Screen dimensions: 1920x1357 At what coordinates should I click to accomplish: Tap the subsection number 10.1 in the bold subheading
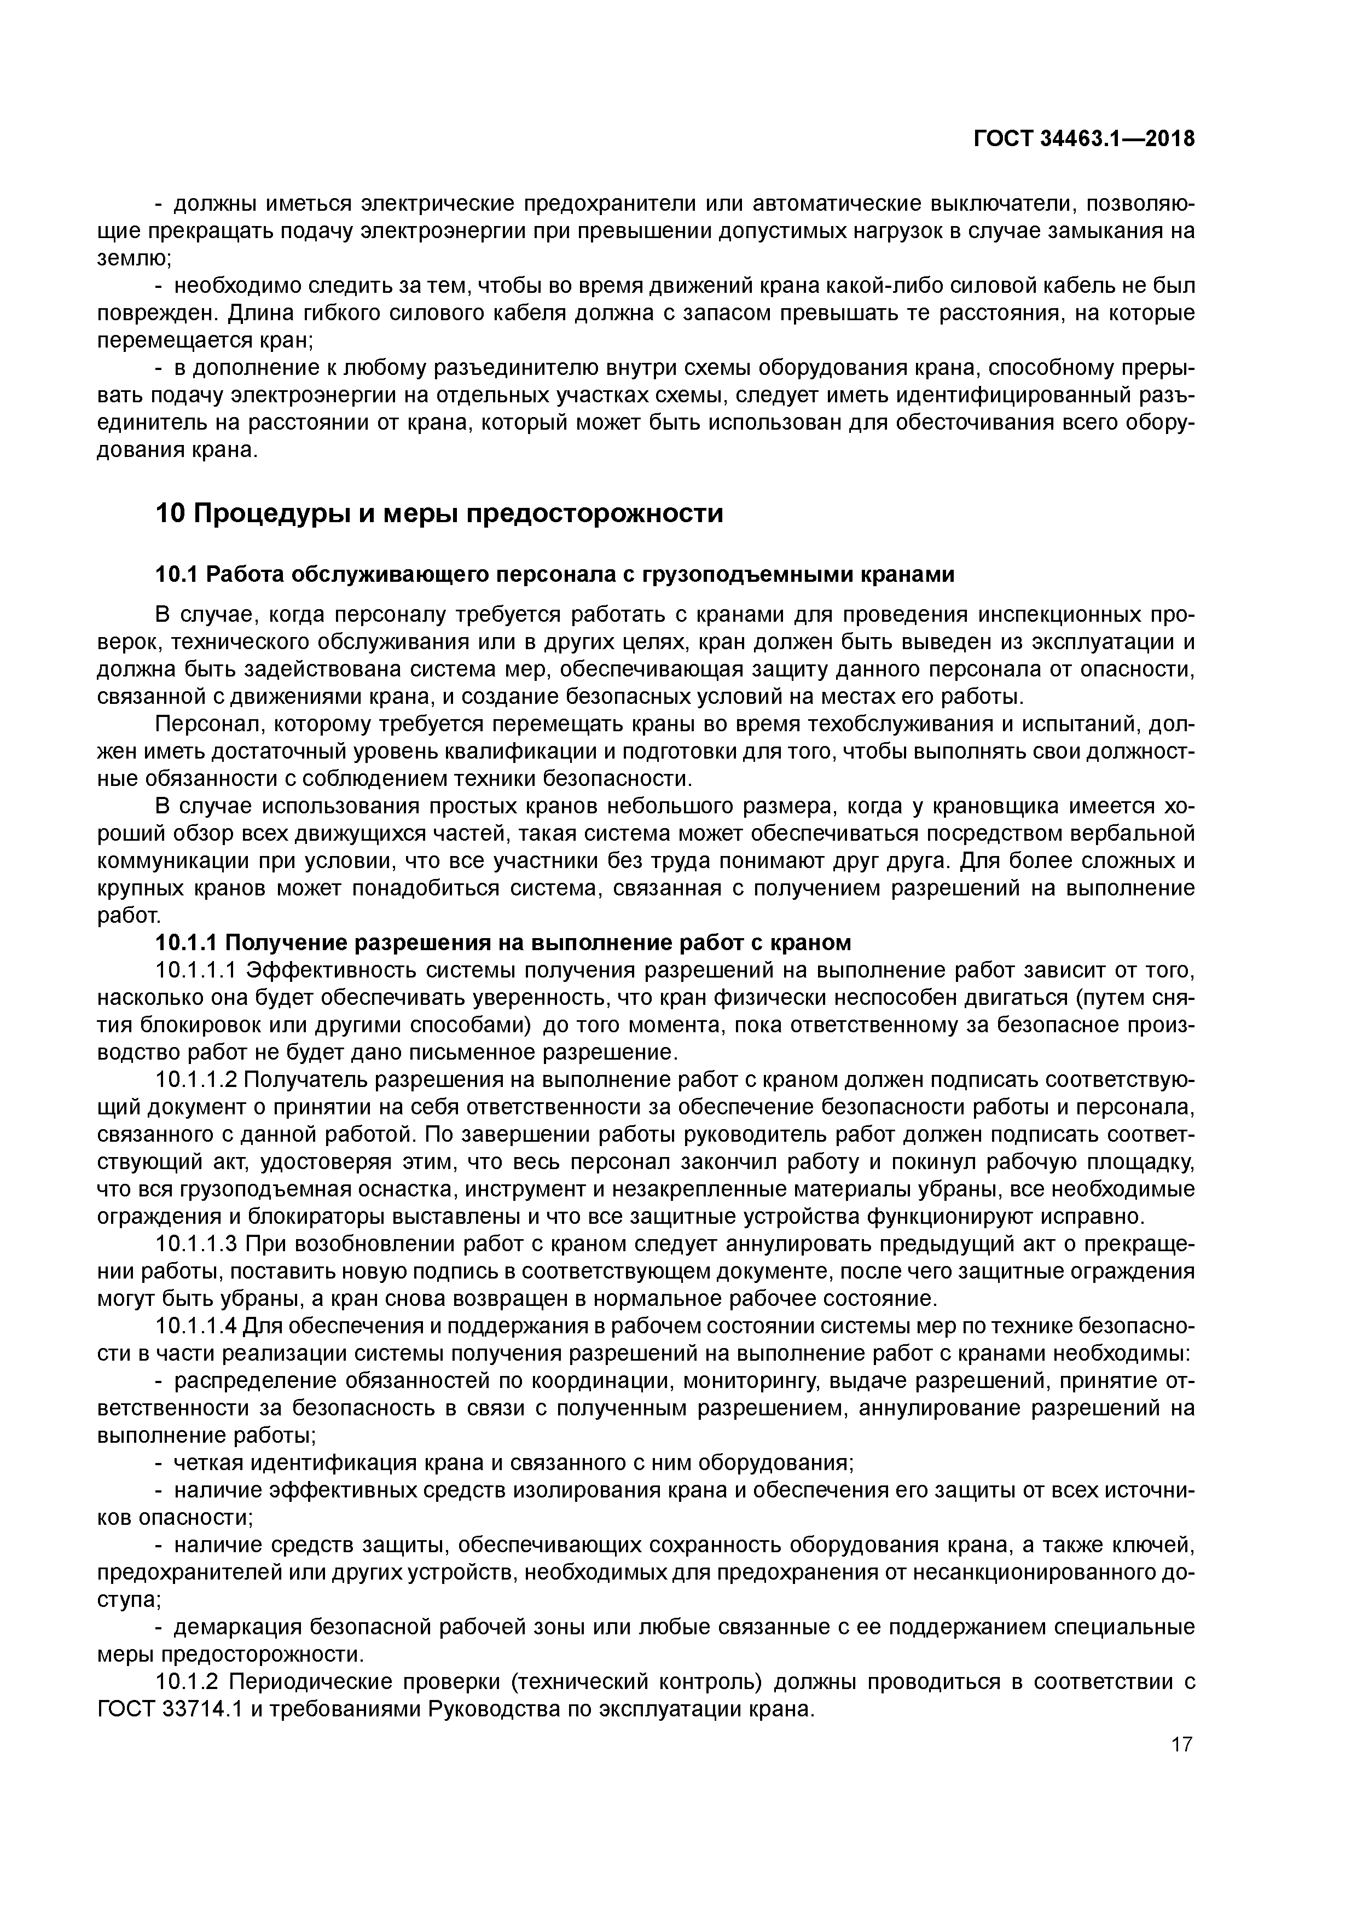[x=176, y=575]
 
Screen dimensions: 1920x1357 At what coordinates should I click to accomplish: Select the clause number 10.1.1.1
[x=198, y=970]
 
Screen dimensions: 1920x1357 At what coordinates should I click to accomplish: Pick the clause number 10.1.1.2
[x=198, y=1079]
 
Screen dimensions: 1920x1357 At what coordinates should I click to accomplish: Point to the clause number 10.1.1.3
[x=198, y=1244]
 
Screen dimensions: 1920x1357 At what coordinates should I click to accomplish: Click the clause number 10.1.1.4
[x=198, y=1326]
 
